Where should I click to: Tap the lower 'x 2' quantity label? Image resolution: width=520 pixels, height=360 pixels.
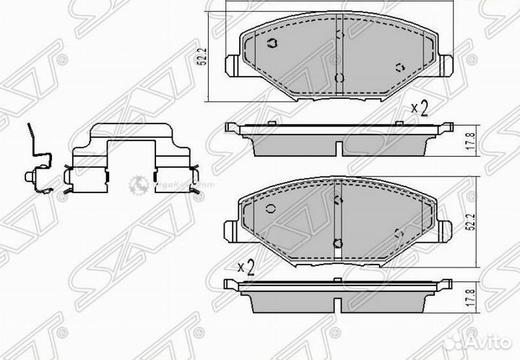coord(247,267)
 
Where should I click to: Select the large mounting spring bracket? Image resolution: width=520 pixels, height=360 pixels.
coord(132,163)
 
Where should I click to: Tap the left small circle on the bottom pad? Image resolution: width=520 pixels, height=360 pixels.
coord(270,209)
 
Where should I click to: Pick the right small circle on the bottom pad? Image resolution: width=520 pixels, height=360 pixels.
coord(398,233)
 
